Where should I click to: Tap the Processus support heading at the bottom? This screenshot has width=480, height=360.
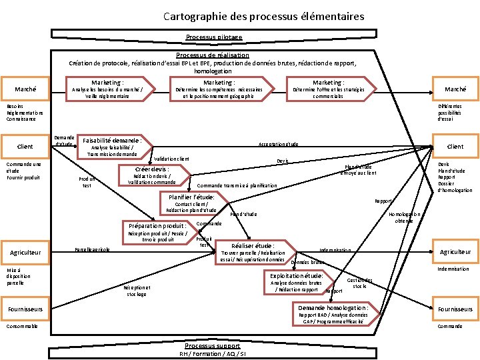pyautogui.click(x=213, y=347)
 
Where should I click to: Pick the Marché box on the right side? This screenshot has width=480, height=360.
pyautogui.click(x=455, y=89)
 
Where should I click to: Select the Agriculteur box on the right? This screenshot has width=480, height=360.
pyautogui.click(x=455, y=251)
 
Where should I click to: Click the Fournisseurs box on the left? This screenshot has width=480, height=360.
pyautogui.click(x=25, y=309)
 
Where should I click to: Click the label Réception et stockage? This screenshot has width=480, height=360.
pyautogui.click(x=136, y=291)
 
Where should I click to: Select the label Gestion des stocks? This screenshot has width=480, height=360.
pyautogui.click(x=360, y=283)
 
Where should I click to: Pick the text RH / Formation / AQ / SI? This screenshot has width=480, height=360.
pyautogui.click(x=213, y=354)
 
